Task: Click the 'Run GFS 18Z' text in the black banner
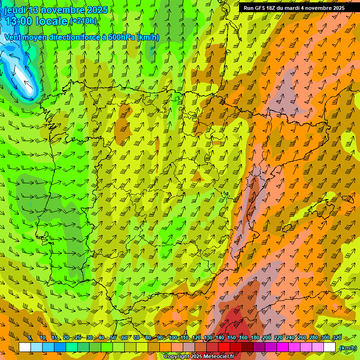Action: point(260,8)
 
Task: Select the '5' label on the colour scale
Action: point(30,337)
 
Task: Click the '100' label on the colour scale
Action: point(173,337)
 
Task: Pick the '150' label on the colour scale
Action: point(232,337)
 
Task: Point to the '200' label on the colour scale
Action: point(267,337)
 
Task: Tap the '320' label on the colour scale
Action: point(337,337)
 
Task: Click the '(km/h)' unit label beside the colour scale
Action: point(347,348)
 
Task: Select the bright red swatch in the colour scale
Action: point(224,347)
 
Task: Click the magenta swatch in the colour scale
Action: point(283,347)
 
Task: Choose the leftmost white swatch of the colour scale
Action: point(25,347)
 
